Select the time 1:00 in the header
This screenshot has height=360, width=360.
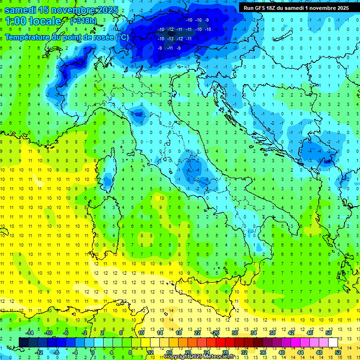[17, 21]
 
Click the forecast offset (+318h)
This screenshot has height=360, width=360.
[84, 21]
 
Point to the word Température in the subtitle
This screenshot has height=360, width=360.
[29, 37]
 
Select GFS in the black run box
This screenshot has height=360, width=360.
[262, 8]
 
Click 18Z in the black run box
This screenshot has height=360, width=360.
[275, 8]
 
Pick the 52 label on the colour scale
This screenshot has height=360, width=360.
[338, 352]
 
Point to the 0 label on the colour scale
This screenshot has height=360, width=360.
[93, 352]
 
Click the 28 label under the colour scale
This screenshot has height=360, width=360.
[225, 352]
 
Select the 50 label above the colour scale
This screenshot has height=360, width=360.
[329, 333]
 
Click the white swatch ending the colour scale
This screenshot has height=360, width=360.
[333, 342]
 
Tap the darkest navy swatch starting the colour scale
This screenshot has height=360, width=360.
[23, 342]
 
